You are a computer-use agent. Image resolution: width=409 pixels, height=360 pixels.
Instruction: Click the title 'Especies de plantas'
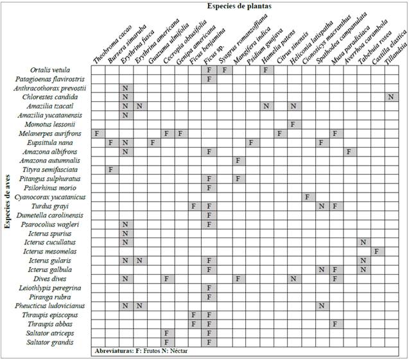[239, 6]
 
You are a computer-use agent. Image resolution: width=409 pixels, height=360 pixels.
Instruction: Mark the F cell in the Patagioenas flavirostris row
[209, 78]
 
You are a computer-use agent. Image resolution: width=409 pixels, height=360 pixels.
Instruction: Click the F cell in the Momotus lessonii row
[292, 124]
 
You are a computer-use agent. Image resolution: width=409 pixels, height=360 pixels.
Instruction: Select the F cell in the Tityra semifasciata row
[111, 169]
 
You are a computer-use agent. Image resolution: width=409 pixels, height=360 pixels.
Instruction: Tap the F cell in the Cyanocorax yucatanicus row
[306, 196]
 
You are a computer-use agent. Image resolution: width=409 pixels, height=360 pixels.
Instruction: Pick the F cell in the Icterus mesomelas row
[376, 251]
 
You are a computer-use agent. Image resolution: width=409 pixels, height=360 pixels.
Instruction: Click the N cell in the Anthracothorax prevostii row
[125, 87]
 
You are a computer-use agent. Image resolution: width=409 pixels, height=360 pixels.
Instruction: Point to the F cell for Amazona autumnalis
[237, 160]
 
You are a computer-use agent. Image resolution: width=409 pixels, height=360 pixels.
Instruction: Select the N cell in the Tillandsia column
[390, 97]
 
